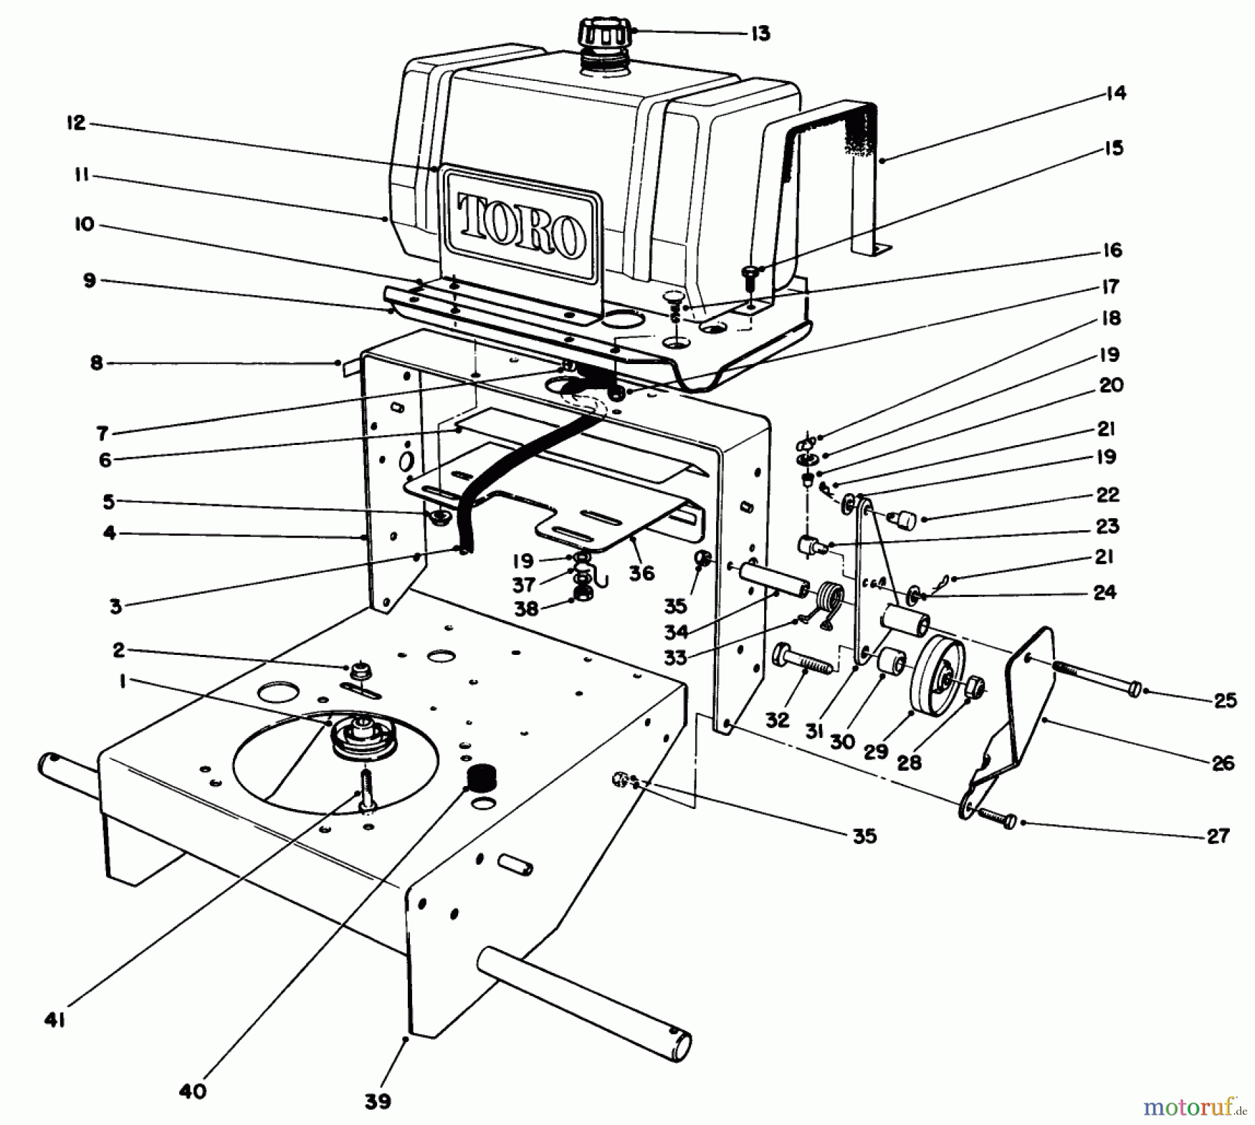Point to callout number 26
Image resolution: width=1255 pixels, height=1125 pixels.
tap(1223, 762)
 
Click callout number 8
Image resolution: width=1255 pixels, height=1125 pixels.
tap(96, 363)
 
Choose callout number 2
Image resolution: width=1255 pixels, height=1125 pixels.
tap(119, 650)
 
